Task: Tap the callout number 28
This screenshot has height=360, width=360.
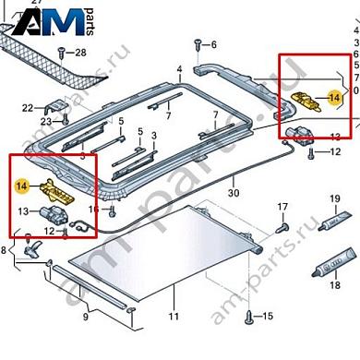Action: tap(79, 52)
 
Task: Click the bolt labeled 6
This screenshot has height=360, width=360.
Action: tap(196, 43)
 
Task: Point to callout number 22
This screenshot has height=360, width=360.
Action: tap(28, 108)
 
